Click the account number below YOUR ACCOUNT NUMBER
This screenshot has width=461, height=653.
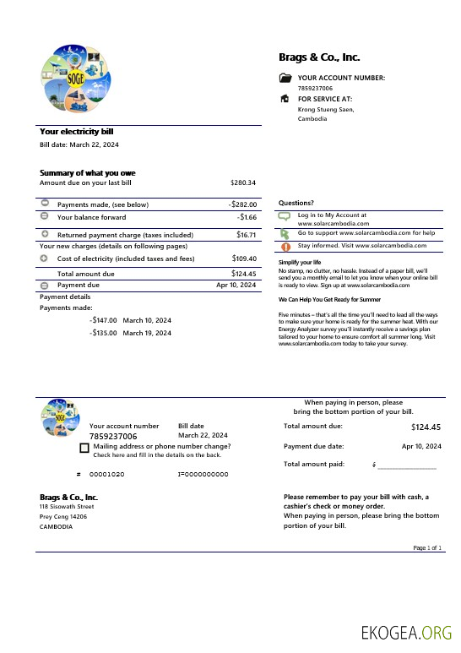click(315, 88)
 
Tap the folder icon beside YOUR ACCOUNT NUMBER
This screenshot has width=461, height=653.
click(285, 78)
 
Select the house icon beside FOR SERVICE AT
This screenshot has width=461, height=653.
click(285, 99)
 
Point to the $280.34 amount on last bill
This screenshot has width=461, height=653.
click(243, 182)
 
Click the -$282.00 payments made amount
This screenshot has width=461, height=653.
click(242, 204)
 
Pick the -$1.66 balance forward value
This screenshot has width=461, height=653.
click(247, 217)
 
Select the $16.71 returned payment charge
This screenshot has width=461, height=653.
click(247, 235)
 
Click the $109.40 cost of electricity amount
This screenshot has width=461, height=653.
click(244, 258)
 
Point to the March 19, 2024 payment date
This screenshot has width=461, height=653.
click(147, 333)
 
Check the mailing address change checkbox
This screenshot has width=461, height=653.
click(84, 448)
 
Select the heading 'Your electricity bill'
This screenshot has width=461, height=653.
click(76, 132)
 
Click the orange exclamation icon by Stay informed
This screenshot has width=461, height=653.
click(285, 247)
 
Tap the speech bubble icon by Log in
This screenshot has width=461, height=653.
click(285, 216)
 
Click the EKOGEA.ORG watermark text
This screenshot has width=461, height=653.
click(406, 633)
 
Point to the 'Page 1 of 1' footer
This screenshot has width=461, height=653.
click(427, 548)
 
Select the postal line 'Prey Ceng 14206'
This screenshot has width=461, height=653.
click(63, 516)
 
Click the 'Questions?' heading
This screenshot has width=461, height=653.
click(296, 203)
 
